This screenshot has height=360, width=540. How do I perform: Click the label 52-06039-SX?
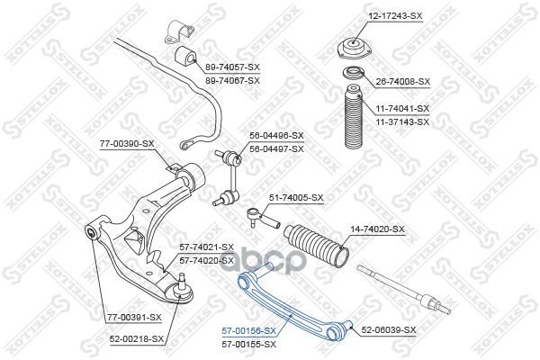[x=390, y=330]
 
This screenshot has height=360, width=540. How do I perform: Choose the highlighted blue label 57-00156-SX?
[x=249, y=332]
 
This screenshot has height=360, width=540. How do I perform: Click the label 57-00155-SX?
[x=249, y=344]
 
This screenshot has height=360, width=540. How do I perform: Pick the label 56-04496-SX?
[x=277, y=136]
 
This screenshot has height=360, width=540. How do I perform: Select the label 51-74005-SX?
[x=296, y=197]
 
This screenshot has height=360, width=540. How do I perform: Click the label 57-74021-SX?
[x=206, y=247]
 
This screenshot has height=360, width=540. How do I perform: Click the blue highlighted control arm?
[x=288, y=306]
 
